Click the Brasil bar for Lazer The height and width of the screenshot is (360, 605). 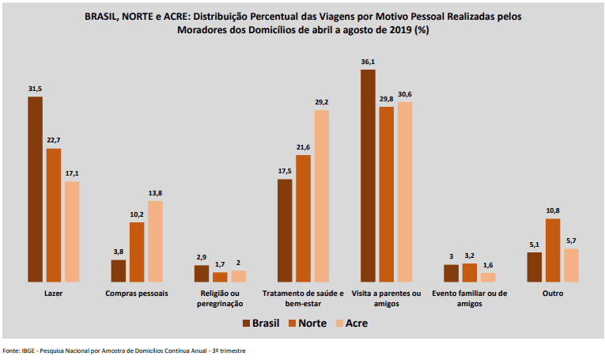click(x=35, y=189)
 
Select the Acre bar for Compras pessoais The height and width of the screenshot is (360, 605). click(x=155, y=241)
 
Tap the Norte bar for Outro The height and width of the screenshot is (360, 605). click(x=554, y=250)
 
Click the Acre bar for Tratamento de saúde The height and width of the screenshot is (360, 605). click(x=322, y=195)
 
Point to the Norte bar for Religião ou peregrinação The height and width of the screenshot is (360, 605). click(x=220, y=277)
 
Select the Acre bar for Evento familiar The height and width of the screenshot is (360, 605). click(x=488, y=277)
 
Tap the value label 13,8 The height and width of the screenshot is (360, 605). click(x=155, y=192)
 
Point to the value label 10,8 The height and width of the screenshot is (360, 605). click(x=554, y=210)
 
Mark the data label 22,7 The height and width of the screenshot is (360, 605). click(x=54, y=140)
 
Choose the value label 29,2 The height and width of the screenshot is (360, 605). click(x=322, y=101)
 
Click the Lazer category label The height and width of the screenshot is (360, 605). click(x=54, y=294)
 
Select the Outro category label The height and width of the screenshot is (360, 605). click(x=553, y=294)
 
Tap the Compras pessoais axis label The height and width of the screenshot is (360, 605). click(x=137, y=294)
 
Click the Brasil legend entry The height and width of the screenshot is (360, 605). click(x=262, y=323)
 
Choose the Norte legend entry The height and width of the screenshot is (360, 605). click(x=307, y=323)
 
